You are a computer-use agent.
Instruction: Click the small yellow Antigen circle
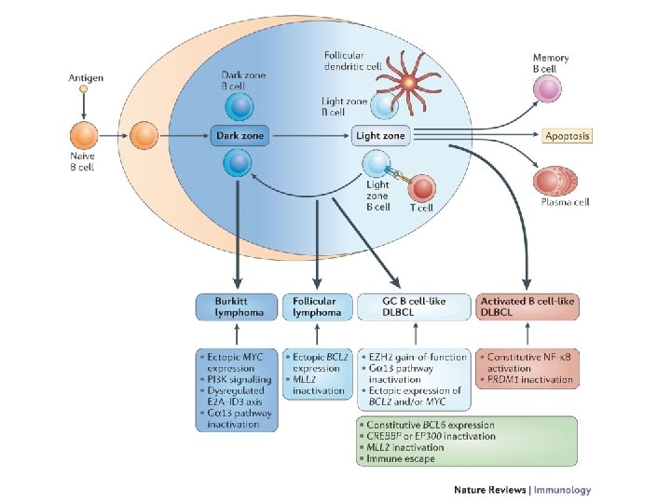pyautogui.click(x=83, y=90)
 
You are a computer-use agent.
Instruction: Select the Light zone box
pyautogui.click(x=380, y=136)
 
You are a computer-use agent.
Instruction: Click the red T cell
pyautogui.click(x=421, y=189)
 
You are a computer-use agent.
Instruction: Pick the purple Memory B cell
pyautogui.click(x=548, y=90)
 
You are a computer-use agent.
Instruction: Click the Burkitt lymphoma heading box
pyautogui.click(x=237, y=307)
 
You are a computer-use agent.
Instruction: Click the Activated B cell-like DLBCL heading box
pyautogui.click(x=527, y=307)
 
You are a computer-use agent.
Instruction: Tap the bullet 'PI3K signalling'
pyautogui.click(x=238, y=379)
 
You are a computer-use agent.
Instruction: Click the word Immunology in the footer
pyautogui.click(x=560, y=490)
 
